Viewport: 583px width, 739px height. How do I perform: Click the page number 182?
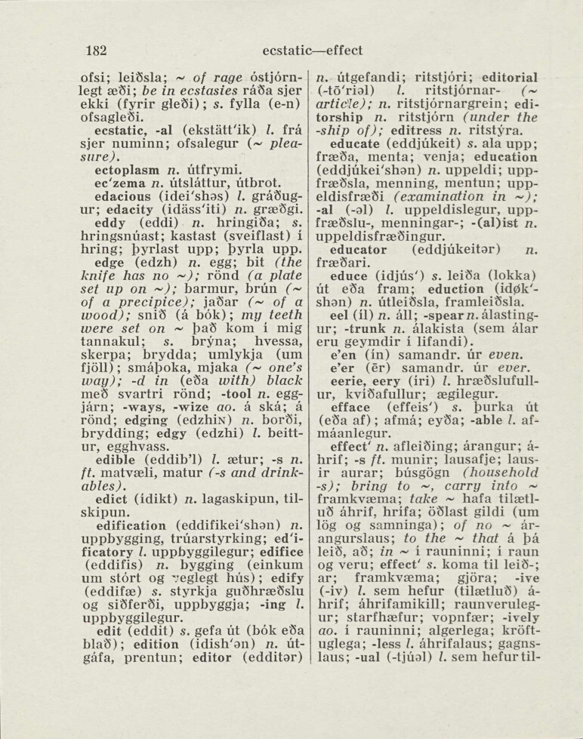(94, 51)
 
